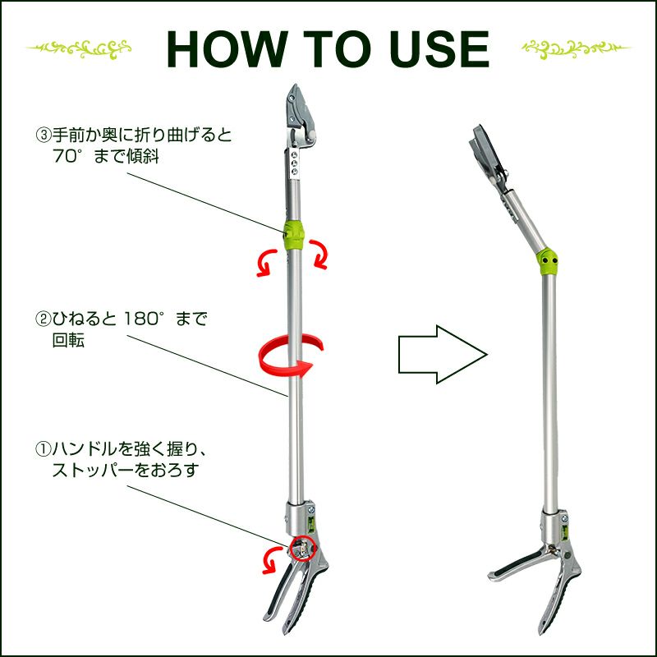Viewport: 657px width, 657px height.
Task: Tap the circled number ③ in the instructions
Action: (43, 136)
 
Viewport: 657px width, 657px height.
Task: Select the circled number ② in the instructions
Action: (43, 319)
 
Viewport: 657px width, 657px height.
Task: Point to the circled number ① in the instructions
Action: (43, 449)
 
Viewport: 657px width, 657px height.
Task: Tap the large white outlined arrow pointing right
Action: (443, 355)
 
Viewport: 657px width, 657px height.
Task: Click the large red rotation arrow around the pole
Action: (292, 356)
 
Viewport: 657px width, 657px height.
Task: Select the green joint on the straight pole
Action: (295, 235)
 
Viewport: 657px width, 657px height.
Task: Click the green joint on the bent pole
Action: (547, 260)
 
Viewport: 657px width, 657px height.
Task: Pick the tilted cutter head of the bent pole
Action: (486, 153)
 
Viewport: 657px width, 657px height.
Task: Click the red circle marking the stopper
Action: (302, 548)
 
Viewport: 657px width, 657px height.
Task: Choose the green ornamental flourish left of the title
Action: (79, 48)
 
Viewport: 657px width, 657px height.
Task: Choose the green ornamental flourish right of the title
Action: (576, 48)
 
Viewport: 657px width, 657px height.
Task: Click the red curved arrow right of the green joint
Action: (318, 254)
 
